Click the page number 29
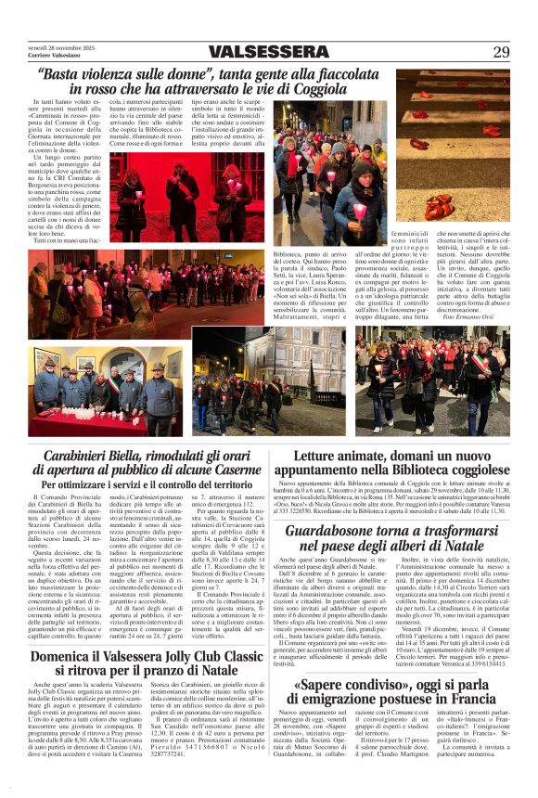pyautogui.click(x=501, y=51)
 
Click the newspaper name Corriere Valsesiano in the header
pyautogui.click(x=53, y=57)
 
